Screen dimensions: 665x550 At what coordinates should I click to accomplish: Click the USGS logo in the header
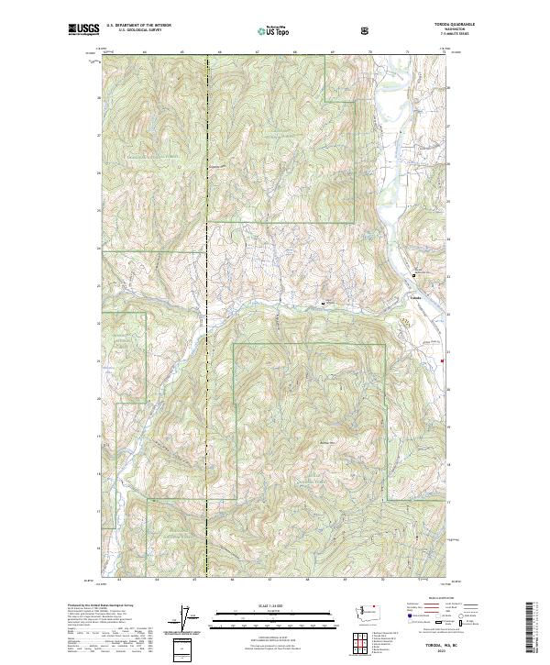(83, 30)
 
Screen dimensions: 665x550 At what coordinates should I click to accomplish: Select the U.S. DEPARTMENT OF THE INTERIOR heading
(138, 27)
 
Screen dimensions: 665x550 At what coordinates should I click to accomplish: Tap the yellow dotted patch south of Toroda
(404, 321)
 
